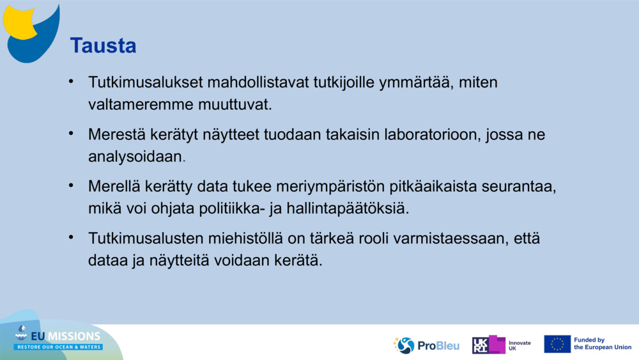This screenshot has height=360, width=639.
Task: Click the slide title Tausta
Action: [x=103, y=45]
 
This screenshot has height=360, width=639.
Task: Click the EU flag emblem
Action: [x=557, y=344]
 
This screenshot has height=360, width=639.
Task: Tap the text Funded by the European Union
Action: [x=603, y=344]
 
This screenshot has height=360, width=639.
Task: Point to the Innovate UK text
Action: [x=519, y=345]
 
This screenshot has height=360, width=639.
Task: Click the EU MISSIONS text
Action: [x=65, y=336]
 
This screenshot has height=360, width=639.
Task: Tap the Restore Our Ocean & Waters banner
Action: [x=59, y=347]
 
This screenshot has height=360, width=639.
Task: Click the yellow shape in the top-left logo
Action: [x=19, y=19]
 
